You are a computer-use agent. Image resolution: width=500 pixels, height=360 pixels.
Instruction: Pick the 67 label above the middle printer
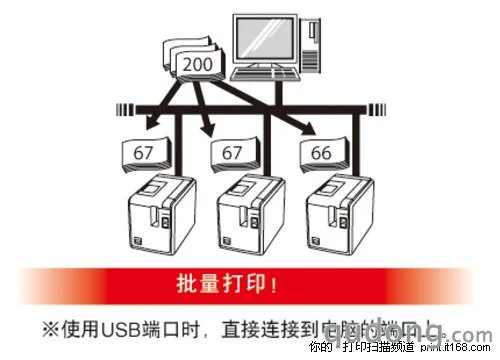pyautogui.click(x=233, y=153)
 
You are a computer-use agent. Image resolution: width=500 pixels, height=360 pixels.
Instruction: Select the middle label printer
pyautogui.click(x=248, y=213)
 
